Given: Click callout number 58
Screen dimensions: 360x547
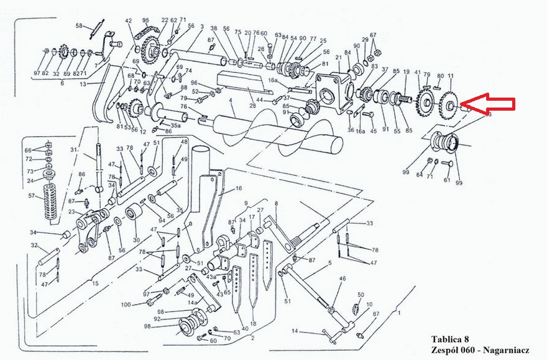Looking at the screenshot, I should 79,25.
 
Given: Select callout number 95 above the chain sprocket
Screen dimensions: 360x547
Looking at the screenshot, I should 145,20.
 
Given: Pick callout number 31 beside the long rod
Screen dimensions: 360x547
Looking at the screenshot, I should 73,150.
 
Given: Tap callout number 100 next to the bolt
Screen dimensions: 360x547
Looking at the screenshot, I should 126,304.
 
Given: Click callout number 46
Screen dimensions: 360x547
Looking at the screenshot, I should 341,280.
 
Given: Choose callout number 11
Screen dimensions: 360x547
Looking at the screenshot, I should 450,76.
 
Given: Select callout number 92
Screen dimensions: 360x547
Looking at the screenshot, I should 158,319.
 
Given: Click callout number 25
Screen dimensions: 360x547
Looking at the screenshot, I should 323,40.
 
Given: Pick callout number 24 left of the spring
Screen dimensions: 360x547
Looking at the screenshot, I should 30,182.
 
